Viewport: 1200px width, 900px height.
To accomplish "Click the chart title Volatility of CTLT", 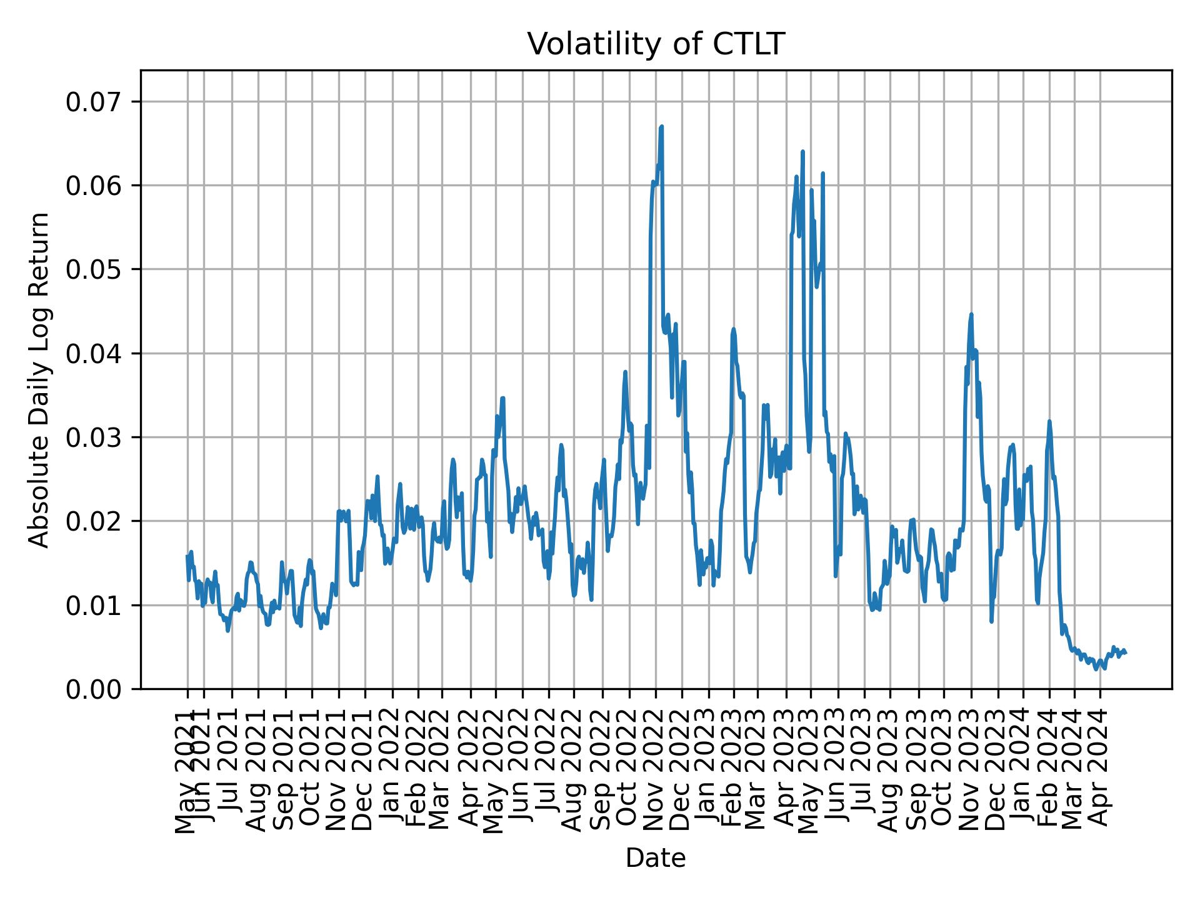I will [656, 44].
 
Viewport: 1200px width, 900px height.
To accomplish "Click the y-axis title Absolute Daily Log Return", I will [40, 379].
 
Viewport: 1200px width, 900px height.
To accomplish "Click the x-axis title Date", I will [656, 858].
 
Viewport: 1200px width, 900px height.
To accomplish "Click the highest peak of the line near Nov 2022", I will [661, 127].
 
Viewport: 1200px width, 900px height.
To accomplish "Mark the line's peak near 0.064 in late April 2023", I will [802, 151].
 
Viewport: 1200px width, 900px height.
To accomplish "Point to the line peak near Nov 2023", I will [971, 314].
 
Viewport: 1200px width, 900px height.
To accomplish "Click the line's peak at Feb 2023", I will [734, 329].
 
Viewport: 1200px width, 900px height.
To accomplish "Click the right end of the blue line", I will [1126, 653].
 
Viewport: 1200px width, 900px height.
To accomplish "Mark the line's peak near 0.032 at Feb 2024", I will [1049, 421].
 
